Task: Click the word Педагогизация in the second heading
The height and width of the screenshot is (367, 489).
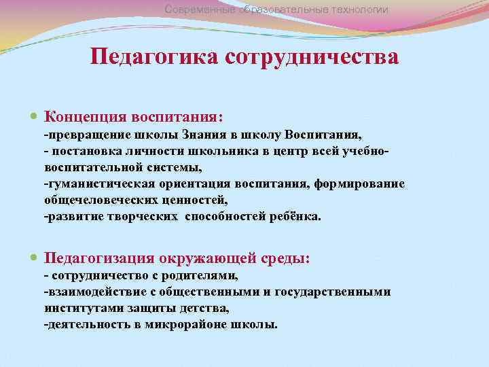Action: point(98,259)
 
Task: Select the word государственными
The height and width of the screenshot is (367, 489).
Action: point(333,292)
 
